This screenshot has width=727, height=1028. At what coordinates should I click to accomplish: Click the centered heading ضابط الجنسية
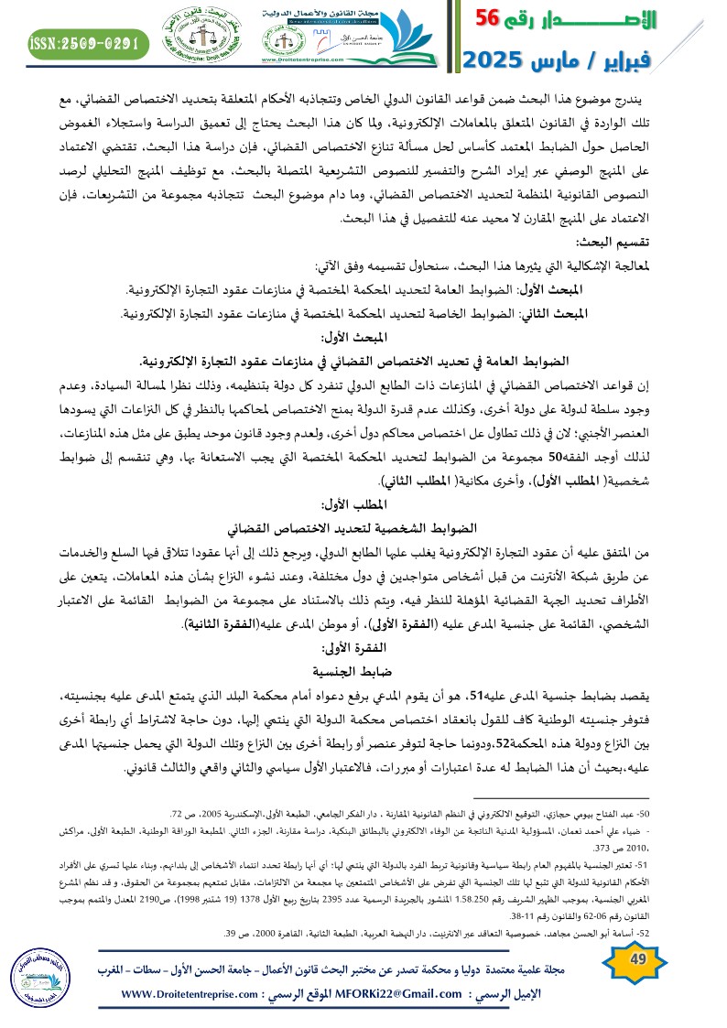363,694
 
